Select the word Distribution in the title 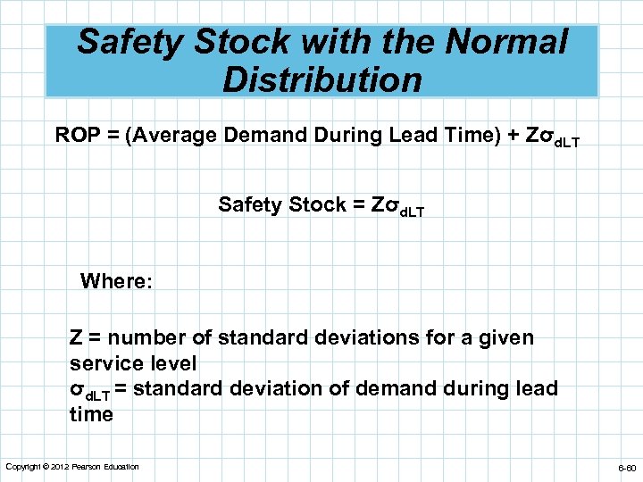(x=321, y=80)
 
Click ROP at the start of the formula (x=75, y=136)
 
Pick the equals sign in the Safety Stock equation (x=358, y=204)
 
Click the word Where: (x=116, y=282)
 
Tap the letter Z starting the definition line (x=76, y=338)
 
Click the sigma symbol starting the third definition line (x=76, y=390)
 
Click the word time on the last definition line (x=91, y=414)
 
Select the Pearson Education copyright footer (x=72, y=467)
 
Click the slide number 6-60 (x=624, y=468)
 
